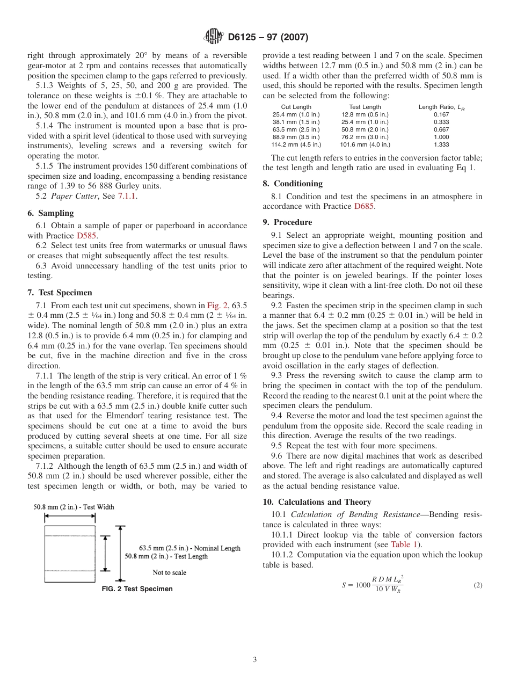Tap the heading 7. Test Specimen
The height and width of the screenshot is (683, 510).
[x=60, y=293]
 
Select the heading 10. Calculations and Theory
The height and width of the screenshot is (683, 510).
[x=317, y=502]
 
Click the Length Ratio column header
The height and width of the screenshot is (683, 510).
[x=441, y=107]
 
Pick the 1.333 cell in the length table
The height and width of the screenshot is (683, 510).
[x=441, y=144]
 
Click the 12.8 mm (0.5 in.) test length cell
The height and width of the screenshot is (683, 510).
[x=365, y=114]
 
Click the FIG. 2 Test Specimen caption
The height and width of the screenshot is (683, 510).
[x=137, y=589]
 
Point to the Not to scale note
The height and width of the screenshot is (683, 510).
[x=169, y=572]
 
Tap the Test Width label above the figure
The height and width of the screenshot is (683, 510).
[x=74, y=507]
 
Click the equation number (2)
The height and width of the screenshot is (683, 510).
[x=478, y=585]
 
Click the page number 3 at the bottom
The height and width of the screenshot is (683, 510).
[x=255, y=660]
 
